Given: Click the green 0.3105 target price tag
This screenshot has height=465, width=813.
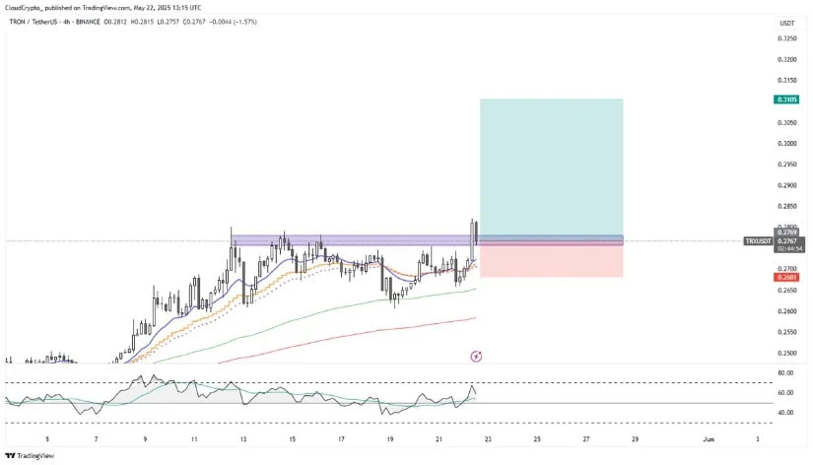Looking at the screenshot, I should coord(786,100).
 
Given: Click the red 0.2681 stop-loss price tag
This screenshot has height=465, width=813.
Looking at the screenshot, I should coord(786,278).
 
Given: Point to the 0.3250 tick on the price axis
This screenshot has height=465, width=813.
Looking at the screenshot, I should coord(786,38).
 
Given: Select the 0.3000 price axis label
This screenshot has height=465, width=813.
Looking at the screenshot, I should coord(786,144).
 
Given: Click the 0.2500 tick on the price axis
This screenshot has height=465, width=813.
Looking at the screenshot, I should coord(786,353).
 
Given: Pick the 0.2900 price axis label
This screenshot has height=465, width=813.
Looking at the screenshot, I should coord(786,185).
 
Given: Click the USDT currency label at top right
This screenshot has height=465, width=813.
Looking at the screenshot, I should coord(786,23).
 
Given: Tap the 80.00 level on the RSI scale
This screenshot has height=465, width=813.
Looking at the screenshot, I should coord(786,373).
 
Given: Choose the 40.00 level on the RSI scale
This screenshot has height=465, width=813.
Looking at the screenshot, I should coord(786,413).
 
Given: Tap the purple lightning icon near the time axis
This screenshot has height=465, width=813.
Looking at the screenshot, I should coord(476,355).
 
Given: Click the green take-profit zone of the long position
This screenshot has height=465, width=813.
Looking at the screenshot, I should coord(550,167).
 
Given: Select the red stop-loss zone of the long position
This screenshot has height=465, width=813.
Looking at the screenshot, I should coord(550,261).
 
